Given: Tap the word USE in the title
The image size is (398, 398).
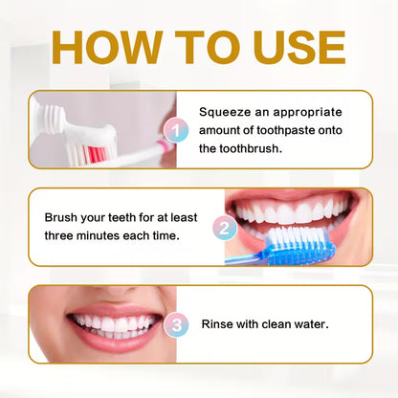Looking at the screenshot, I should tap(294, 49).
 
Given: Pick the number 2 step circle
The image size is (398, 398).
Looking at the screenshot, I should tap(223, 229).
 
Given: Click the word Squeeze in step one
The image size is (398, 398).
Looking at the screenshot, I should tap(227, 111).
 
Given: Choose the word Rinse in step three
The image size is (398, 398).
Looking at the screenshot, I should tap(218, 324).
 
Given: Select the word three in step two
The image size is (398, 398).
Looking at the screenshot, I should tap(63, 235).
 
